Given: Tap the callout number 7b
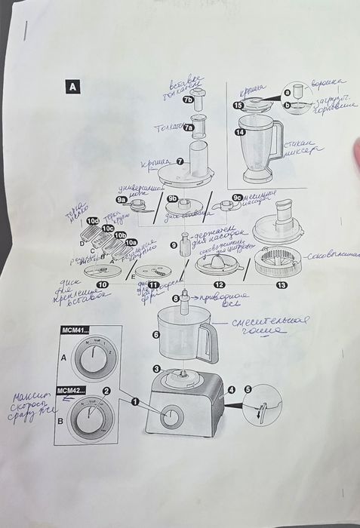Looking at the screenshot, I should (x=188, y=99).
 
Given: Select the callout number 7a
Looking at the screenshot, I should (x=189, y=128).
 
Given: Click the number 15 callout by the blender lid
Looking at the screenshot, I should (x=238, y=106).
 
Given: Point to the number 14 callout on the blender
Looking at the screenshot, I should (x=240, y=132).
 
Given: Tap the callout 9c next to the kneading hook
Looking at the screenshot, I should (x=237, y=198).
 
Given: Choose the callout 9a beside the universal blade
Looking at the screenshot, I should (x=121, y=200).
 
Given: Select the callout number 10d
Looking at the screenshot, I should (x=92, y=221).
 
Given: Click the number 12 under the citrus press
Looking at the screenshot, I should (x=219, y=284).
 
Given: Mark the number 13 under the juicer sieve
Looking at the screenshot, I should (x=282, y=284).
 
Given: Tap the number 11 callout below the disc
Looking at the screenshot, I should (x=153, y=284).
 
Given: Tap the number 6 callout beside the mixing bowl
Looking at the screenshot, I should (x=156, y=334).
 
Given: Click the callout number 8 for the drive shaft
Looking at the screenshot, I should (x=175, y=299).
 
